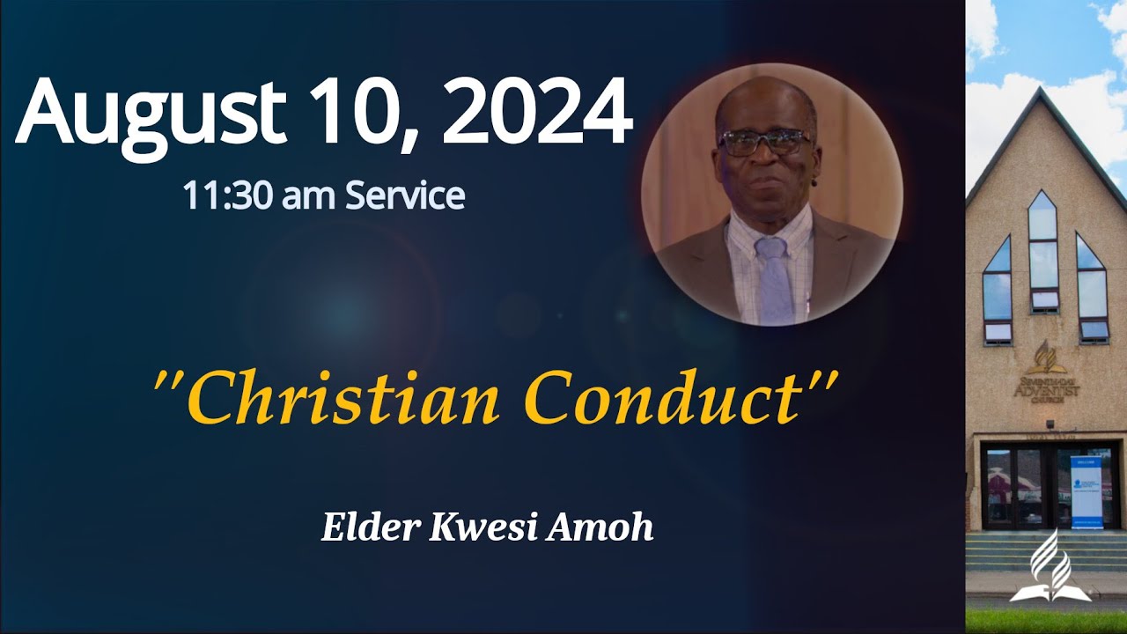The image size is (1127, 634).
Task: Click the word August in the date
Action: [150, 114]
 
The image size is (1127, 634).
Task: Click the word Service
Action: [404, 195]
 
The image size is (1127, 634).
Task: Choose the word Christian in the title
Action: [343, 398]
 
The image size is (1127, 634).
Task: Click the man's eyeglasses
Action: [764, 141]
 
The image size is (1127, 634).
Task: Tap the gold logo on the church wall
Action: [1044, 357]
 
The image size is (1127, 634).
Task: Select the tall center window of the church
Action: [1043, 251]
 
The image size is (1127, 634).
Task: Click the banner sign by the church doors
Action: [1086, 491]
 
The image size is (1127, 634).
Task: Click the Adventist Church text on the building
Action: [1044, 388]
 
